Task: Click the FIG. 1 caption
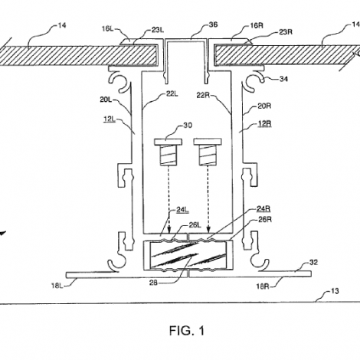187,331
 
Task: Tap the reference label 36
213,25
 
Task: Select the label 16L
107,28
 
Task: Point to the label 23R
286,32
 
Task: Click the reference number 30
188,126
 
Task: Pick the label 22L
172,94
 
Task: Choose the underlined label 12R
265,123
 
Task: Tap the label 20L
106,100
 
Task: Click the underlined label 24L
182,210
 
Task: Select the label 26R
265,219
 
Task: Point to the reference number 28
153,283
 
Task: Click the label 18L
57,286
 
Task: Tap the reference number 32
313,262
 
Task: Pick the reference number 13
335,291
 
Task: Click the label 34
283,79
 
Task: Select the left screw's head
169,142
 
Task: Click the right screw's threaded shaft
208,155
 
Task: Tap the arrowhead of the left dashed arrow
169,230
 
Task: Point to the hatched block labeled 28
188,255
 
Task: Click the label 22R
203,96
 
